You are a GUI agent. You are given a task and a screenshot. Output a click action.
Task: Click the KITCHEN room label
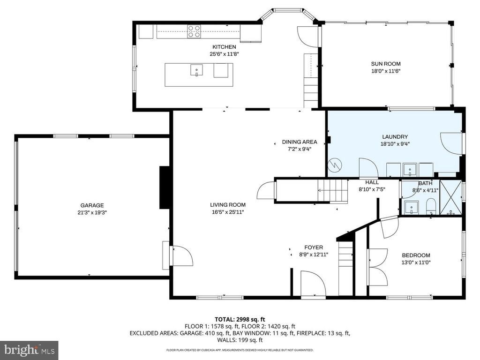224,47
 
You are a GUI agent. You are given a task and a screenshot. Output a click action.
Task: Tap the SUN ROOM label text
386,64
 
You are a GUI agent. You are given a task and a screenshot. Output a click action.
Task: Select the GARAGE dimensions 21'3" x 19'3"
92,212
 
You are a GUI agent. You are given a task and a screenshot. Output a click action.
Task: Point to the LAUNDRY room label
394,137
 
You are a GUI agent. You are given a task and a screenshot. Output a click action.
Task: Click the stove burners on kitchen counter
194,31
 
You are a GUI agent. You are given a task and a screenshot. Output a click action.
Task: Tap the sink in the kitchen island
195,71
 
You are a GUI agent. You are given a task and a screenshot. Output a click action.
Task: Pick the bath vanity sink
411,206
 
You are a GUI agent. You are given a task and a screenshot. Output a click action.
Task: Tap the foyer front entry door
313,284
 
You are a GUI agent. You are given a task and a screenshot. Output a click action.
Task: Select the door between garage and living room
180,256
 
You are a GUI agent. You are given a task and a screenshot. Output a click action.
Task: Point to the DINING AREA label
300,142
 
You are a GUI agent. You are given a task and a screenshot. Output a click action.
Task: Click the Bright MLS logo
29,350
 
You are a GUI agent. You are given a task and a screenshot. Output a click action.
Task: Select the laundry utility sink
410,168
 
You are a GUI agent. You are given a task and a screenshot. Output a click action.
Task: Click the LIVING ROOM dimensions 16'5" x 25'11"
227,212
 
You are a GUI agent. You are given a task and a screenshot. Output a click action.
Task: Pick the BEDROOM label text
416,255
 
